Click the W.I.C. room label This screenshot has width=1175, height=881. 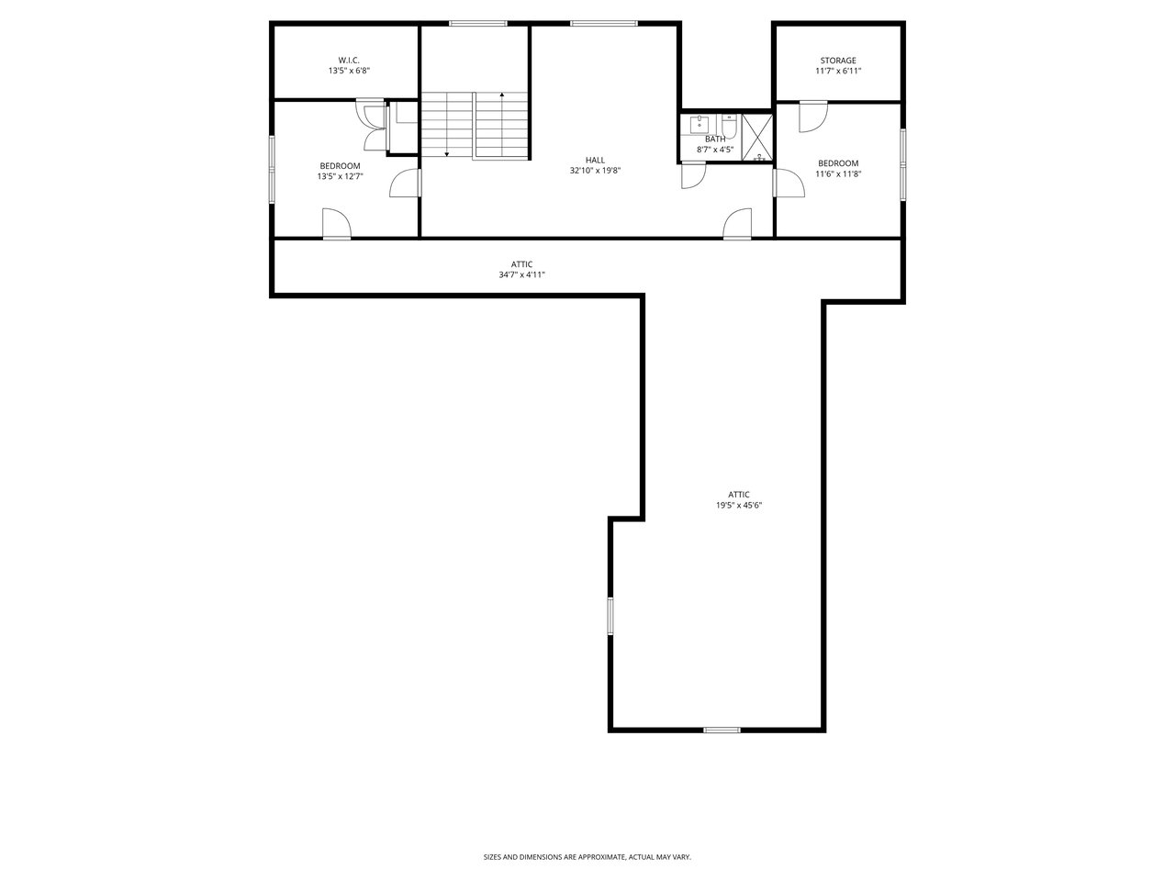click(x=349, y=61)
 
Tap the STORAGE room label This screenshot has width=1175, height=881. click(x=838, y=61)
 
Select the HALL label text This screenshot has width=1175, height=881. click(x=595, y=160)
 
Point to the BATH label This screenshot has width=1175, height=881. click(x=714, y=139)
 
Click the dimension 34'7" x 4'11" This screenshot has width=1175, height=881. click(x=521, y=275)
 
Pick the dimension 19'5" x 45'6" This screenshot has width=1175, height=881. click(x=739, y=505)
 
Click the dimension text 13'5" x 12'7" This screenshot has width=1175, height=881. click(x=340, y=176)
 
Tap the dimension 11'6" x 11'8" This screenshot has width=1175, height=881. click(x=838, y=173)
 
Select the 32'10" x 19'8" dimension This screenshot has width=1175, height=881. click(x=595, y=171)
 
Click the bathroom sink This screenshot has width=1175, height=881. click(x=699, y=124)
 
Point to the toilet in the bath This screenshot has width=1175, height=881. click(x=729, y=126)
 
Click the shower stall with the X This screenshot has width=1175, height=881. click(x=757, y=137)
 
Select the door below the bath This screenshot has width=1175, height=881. click(x=693, y=175)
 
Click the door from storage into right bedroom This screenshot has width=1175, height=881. click(x=812, y=116)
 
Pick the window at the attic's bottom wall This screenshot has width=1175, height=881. click(x=722, y=730)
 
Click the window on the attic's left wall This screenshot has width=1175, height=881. click(x=610, y=616)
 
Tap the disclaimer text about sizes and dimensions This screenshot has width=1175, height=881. click(x=587, y=857)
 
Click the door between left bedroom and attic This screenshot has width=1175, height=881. click(x=336, y=223)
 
